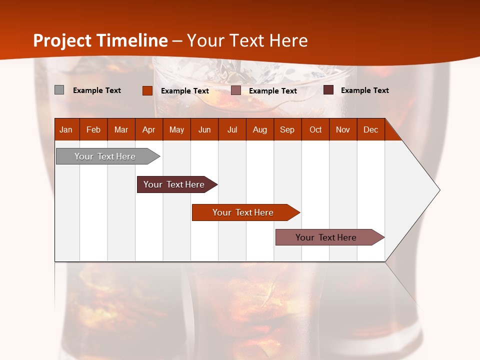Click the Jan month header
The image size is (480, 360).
pyautogui.click(x=66, y=129)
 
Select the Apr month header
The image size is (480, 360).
pyautogui.click(x=149, y=129)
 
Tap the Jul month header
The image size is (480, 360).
pyautogui.click(x=232, y=129)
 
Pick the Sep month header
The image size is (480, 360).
pyautogui.click(x=287, y=129)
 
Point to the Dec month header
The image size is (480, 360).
pyautogui.click(x=370, y=129)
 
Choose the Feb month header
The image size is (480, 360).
pyautogui.click(x=93, y=129)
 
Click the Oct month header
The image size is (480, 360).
pyautogui.click(x=315, y=129)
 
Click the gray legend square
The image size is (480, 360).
pyautogui.click(x=59, y=90)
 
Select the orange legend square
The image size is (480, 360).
pyautogui.click(x=147, y=90)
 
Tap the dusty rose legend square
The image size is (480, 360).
pyautogui.click(x=236, y=90)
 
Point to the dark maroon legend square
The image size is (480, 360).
pyautogui.click(x=328, y=90)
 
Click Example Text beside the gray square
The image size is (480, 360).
pyautogui.click(x=97, y=90)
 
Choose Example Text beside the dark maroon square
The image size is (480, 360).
pyautogui.click(x=365, y=90)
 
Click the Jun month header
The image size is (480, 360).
pyautogui.click(x=204, y=129)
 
